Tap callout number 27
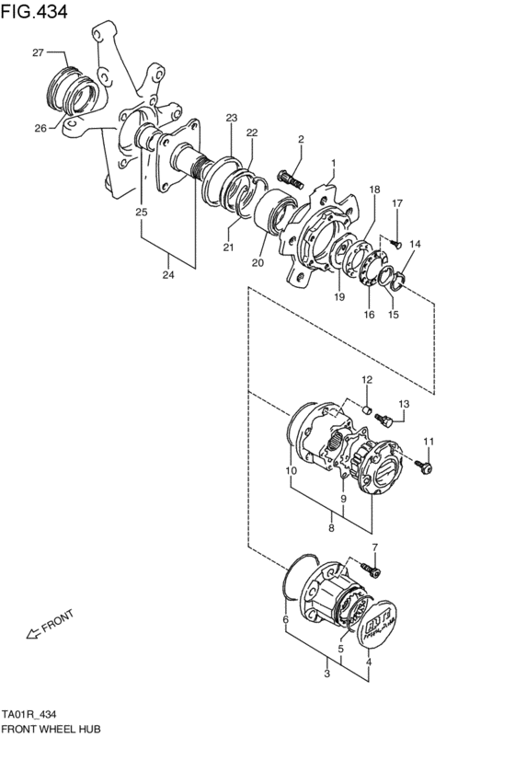39,52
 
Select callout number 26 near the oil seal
40,128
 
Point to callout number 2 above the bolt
300,139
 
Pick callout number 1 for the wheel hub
333,165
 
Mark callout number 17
397,203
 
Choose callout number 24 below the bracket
168,273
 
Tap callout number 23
232,118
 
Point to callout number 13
403,404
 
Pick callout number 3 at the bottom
326,674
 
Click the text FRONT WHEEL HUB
51,728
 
